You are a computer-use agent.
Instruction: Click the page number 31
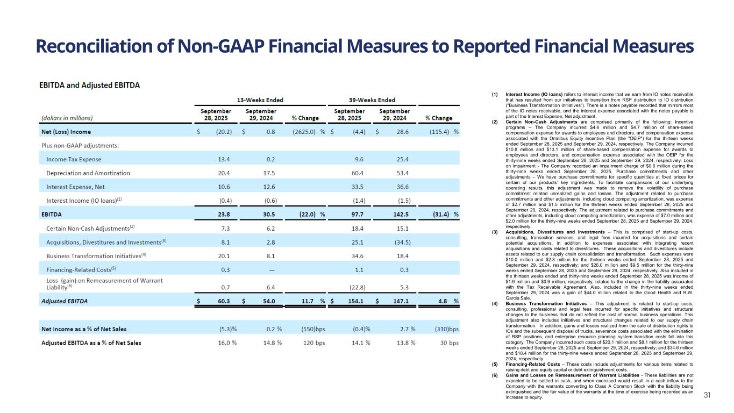(x=707, y=395)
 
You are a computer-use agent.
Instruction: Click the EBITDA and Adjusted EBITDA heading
(x=89, y=85)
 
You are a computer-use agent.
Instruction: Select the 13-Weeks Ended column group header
(x=260, y=100)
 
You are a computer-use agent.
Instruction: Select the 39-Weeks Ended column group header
(x=372, y=100)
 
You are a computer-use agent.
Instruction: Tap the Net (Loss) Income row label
(x=66, y=131)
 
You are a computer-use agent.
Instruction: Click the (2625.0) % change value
(x=305, y=131)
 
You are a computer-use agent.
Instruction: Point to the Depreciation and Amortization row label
(x=88, y=173)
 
